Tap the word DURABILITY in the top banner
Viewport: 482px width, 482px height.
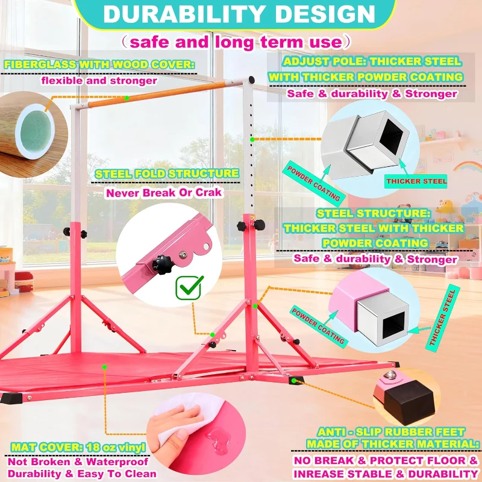pyautogui.click(x=184, y=14)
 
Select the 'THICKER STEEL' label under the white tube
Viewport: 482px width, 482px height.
pyautogui.click(x=416, y=181)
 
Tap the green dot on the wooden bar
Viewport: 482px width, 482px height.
pyautogui.click(x=127, y=98)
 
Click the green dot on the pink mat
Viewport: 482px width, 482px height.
pyautogui.click(x=104, y=367)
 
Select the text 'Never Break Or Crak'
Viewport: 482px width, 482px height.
pyautogui.click(x=164, y=193)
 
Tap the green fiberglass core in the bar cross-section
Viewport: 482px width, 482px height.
pyautogui.click(x=35, y=131)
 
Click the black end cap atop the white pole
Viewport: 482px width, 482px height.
pyautogui.click(x=251, y=80)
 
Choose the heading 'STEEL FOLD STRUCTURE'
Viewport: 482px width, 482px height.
pyautogui.click(x=167, y=174)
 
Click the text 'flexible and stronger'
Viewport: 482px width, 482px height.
pyautogui.click(x=99, y=81)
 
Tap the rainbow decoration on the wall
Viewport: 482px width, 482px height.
pyautogui.click(x=468, y=166)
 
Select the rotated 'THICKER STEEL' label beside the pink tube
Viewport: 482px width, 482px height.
pyautogui.click(x=443, y=318)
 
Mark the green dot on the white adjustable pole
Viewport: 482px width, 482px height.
pyautogui.click(x=252, y=140)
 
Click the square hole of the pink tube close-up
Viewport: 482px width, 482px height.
pyautogui.click(x=394, y=325)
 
